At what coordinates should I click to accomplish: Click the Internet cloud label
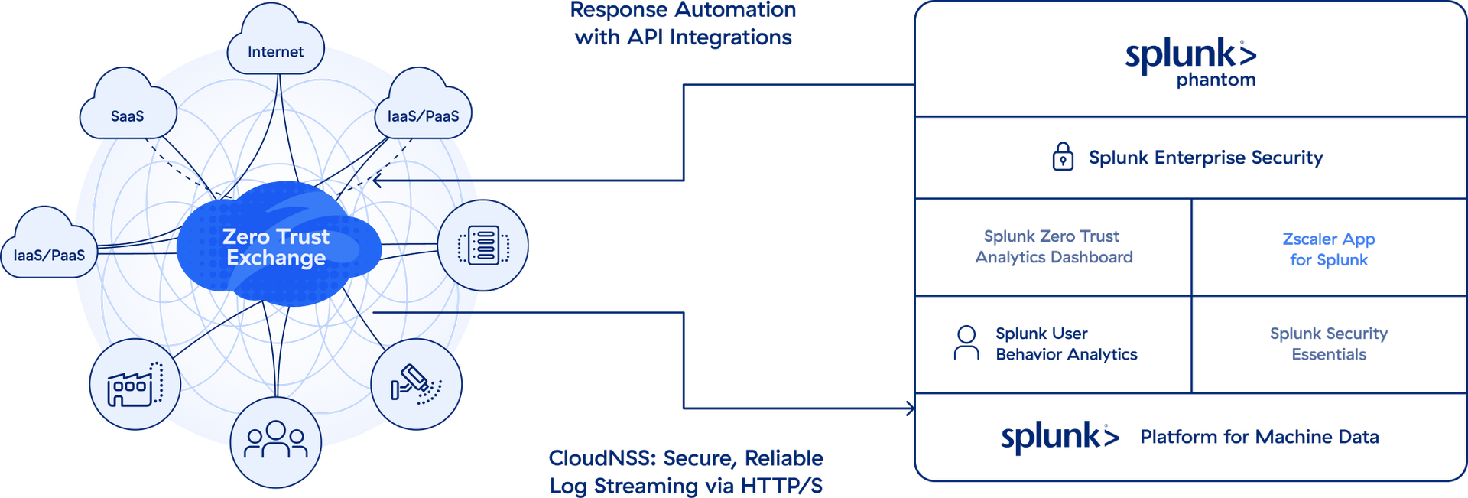click(x=275, y=51)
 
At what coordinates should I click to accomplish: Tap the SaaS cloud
click(x=128, y=113)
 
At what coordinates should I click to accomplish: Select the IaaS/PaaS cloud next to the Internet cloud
click(x=423, y=113)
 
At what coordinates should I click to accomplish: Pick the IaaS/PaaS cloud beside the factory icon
click(x=50, y=252)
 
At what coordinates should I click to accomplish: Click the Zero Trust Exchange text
click(x=276, y=247)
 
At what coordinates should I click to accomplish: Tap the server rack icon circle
click(x=483, y=246)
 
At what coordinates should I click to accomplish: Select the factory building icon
click(x=135, y=385)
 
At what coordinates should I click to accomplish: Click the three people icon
click(x=275, y=441)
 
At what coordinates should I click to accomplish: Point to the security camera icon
click(x=416, y=383)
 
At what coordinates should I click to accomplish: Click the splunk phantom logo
click(x=1190, y=61)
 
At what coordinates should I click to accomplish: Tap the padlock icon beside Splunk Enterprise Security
click(x=1062, y=157)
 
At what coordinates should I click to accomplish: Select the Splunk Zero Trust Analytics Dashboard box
click(x=1054, y=246)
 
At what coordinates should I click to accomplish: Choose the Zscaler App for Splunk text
click(x=1328, y=249)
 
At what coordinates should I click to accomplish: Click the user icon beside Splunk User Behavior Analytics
click(x=966, y=343)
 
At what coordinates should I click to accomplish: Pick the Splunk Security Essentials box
click(x=1328, y=343)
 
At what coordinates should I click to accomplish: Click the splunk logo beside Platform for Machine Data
click(x=1059, y=437)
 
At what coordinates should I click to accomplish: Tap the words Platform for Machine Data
click(x=1259, y=437)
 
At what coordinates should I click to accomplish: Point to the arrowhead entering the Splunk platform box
click(x=910, y=408)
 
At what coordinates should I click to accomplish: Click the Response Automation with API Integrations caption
click(x=683, y=23)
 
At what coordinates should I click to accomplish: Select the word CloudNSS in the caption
click(x=602, y=458)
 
